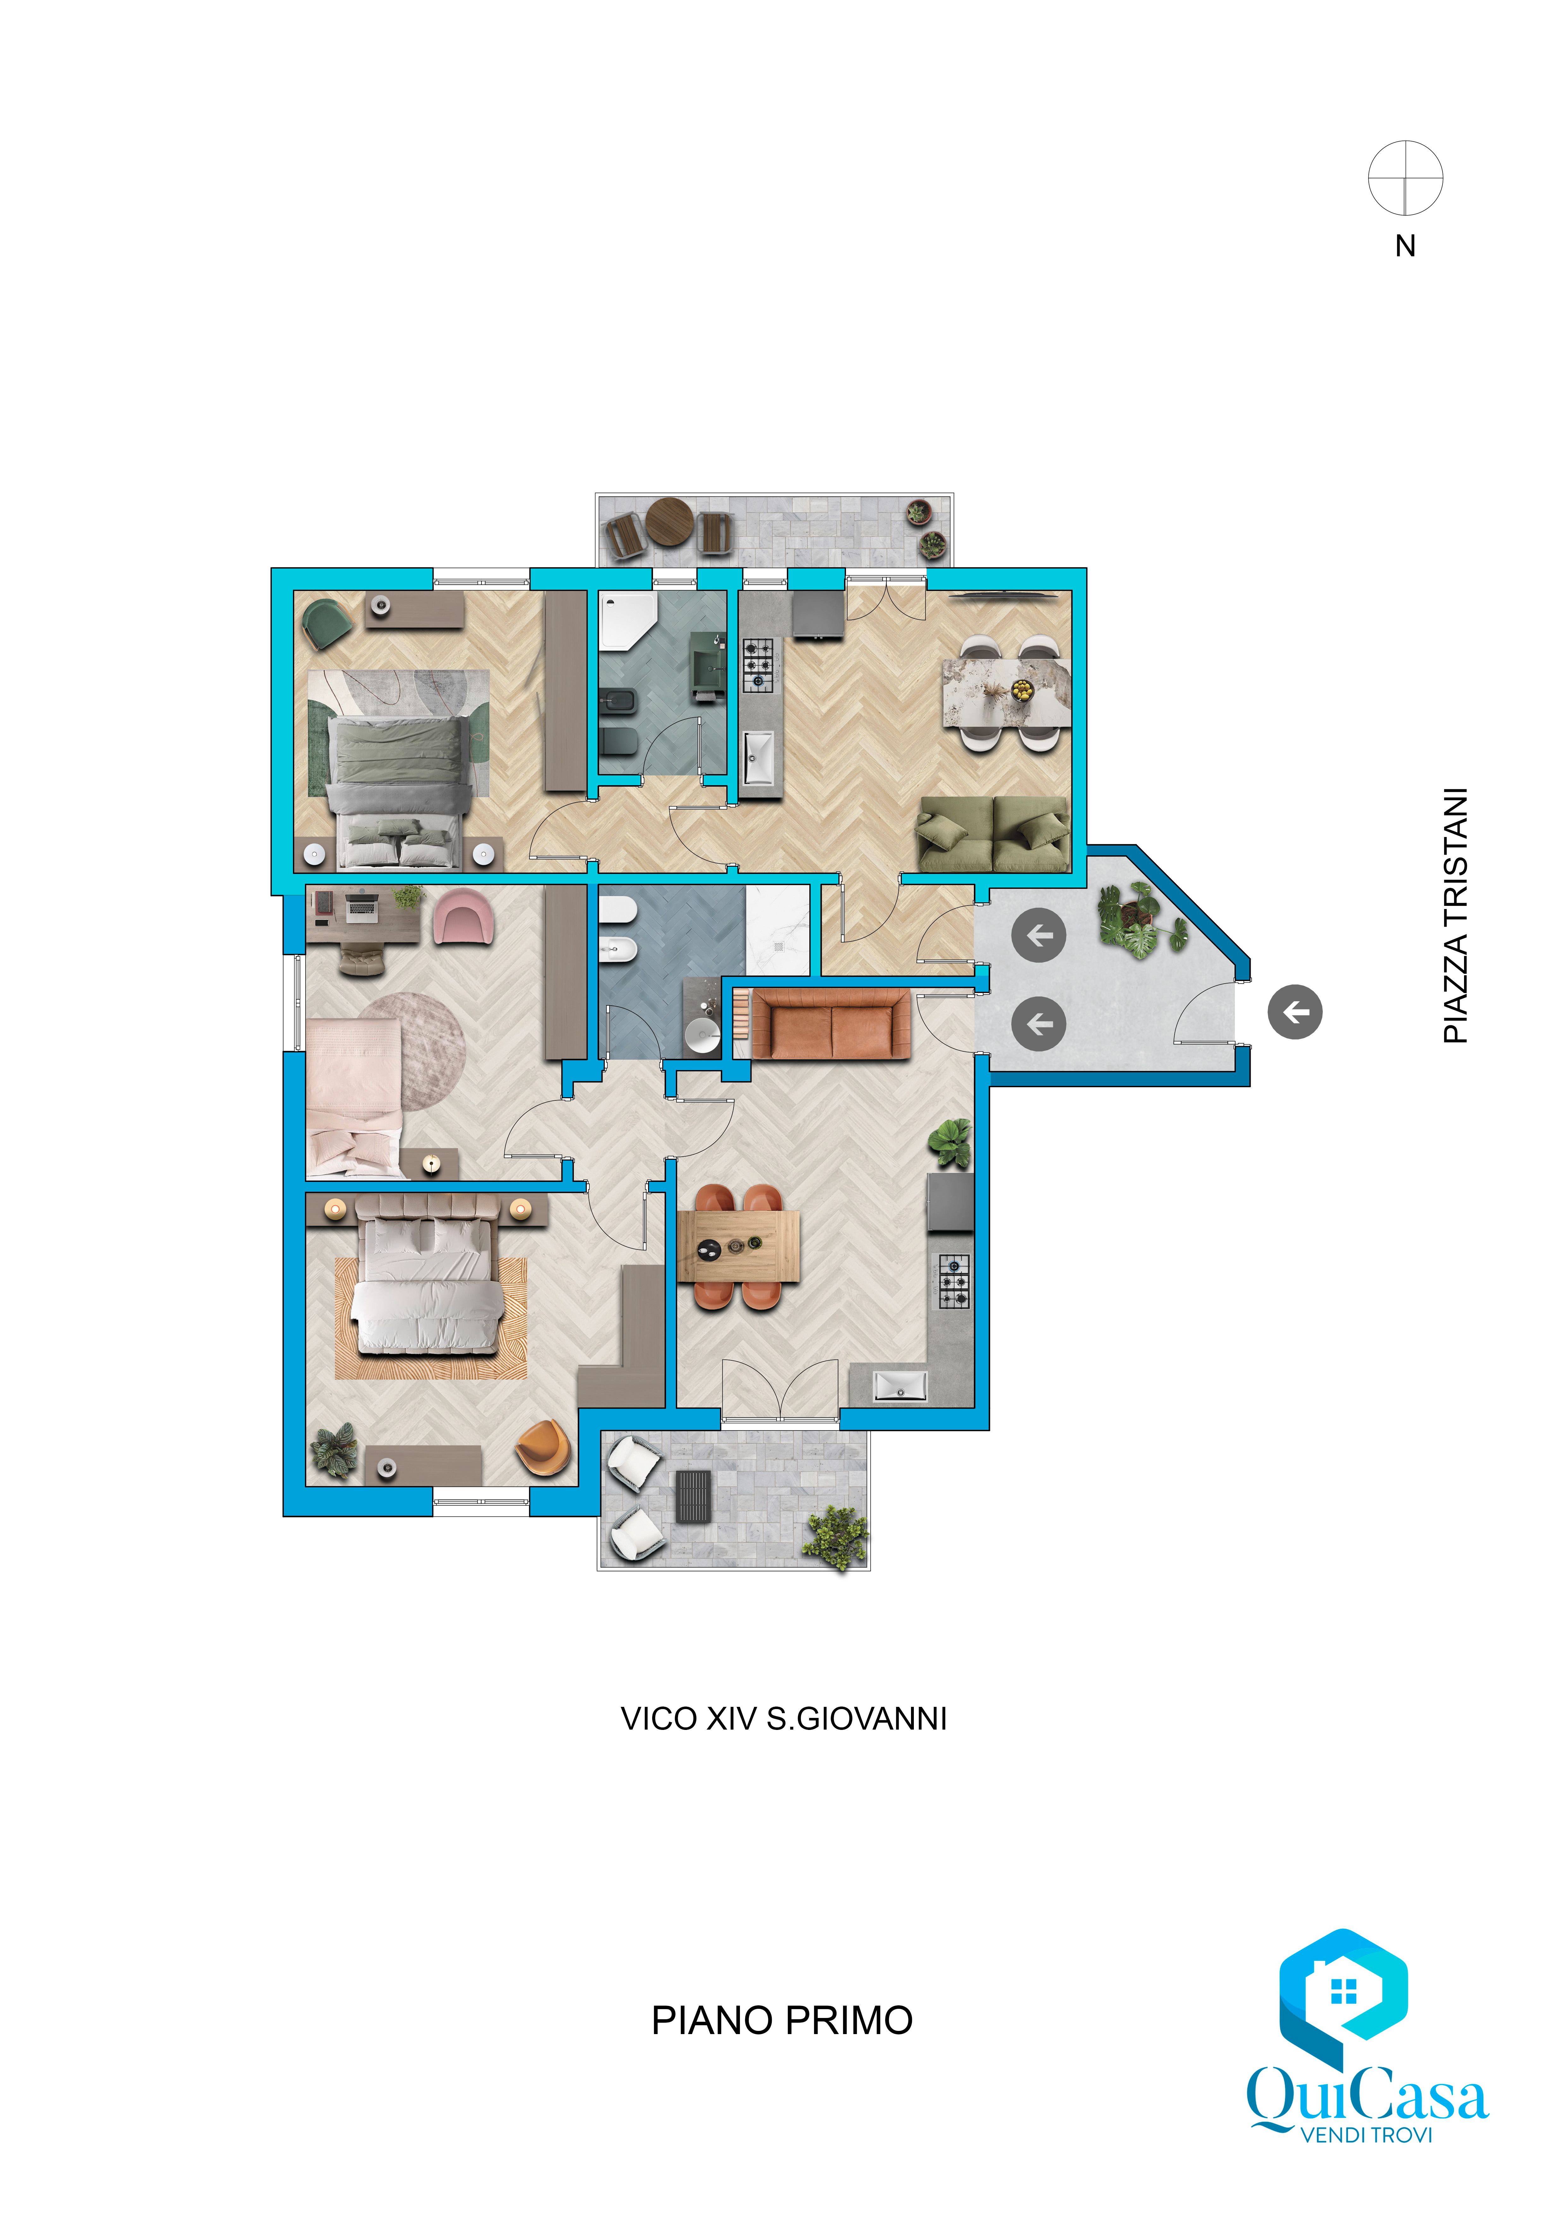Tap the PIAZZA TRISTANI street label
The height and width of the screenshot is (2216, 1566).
coord(1455,915)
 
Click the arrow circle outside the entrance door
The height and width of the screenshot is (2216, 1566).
coord(1295,1011)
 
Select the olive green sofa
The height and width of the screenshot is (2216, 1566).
coord(993,833)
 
